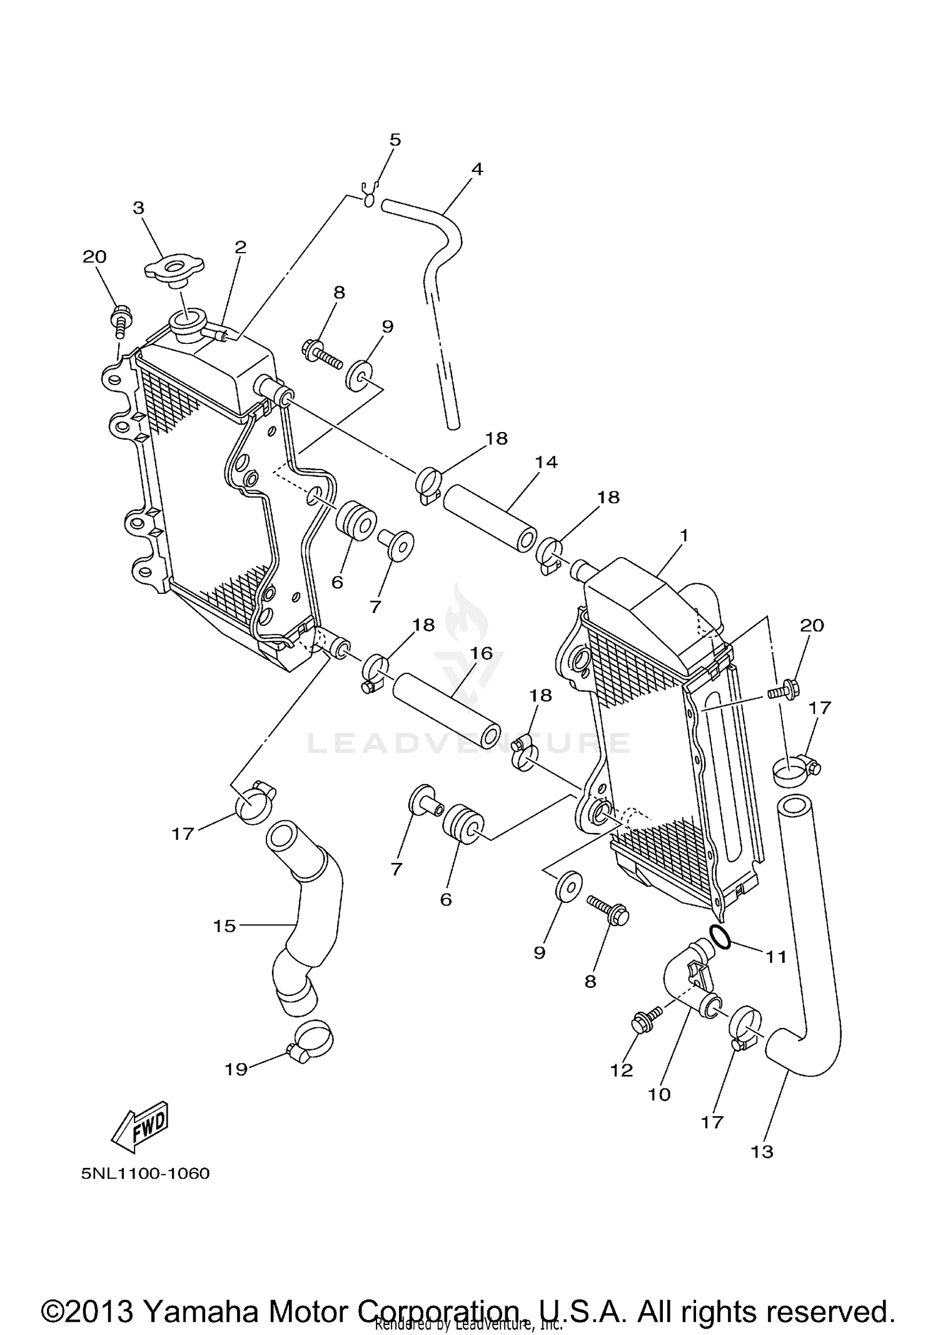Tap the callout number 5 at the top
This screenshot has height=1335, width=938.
pos(395,139)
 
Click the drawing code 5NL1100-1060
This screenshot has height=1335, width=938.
pos(145,1173)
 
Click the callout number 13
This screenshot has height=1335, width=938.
pos(762,1151)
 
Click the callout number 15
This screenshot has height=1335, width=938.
pos(224,926)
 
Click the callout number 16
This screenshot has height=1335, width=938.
pos(482,653)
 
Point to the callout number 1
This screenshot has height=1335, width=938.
pos(684,535)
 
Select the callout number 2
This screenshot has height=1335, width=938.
pos(241,247)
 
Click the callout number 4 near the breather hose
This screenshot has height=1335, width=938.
pos(477,169)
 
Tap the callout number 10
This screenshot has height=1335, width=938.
pos(659,1094)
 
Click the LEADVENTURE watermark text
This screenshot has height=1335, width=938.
pos(469,743)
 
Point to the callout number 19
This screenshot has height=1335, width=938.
pos(236,1070)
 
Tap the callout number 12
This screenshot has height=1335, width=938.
pos(622,1071)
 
